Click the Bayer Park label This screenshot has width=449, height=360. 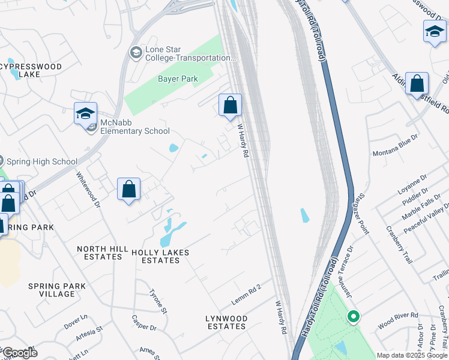click(178, 79)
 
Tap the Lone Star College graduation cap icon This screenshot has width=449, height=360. click(136, 53)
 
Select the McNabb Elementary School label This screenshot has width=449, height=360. click(134, 127)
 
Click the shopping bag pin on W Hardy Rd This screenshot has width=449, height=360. click(230, 106)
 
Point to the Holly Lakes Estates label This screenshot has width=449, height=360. click(160, 257)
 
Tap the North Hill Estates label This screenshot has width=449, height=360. click(100, 253)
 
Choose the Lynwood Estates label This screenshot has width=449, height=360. click(226, 322)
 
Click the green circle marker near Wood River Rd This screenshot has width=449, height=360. click(354, 316)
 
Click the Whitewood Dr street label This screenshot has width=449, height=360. click(88, 190)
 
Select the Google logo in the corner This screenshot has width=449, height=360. click(19, 353)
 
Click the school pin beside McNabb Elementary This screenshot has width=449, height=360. click(85, 113)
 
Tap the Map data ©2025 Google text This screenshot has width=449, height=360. click(411, 355)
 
